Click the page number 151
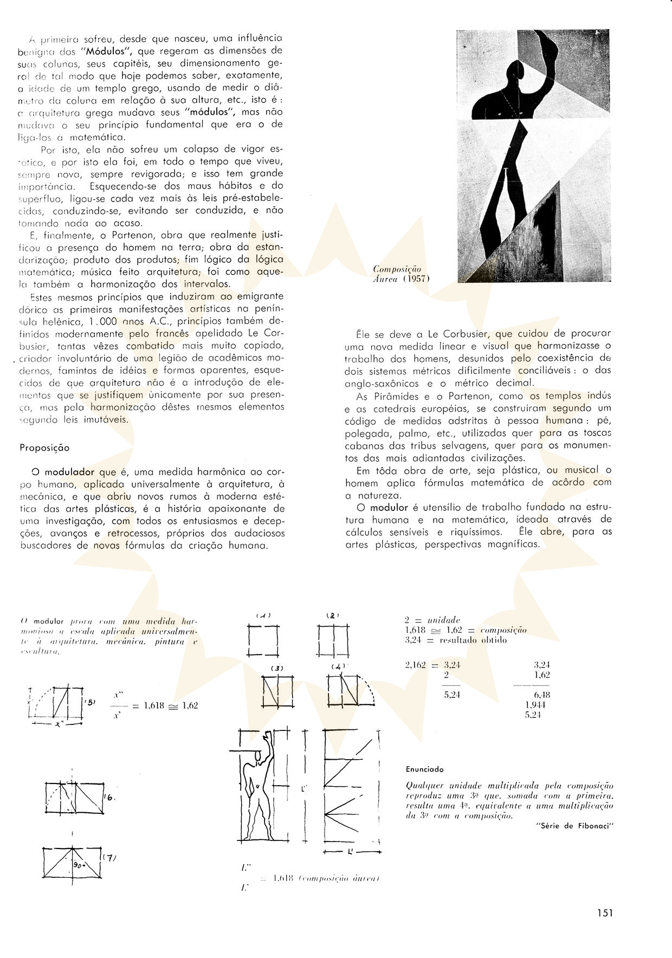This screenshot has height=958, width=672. (605, 913)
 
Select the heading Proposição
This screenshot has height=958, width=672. (44, 448)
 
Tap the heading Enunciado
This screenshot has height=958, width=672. (424, 769)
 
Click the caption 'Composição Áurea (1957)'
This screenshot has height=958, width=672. (402, 274)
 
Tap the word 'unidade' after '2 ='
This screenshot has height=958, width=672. (444, 620)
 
